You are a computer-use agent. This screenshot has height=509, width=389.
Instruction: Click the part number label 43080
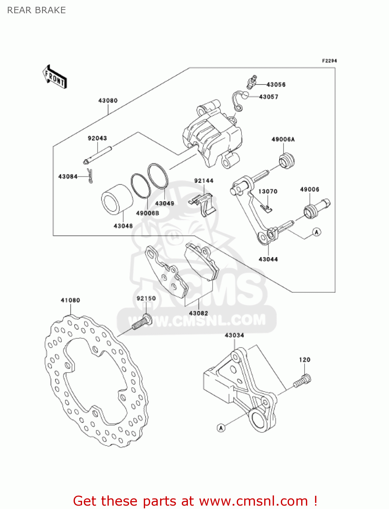coord(108,100)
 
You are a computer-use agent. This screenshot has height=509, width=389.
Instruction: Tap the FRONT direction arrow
coord(55,77)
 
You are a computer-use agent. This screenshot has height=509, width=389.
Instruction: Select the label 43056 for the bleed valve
coord(276,84)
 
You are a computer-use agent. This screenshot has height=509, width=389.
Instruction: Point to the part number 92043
coord(97,138)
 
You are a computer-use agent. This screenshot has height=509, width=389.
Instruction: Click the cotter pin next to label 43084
coord(90,176)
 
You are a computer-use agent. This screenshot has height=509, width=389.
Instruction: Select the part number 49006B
coord(148,213)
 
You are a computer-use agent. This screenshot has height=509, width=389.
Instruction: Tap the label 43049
coord(164,203)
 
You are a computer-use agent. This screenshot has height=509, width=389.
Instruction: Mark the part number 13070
coord(268,191)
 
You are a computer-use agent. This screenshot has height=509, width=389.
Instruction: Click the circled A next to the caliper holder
coord(316,232)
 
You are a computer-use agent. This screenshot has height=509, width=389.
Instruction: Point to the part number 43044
coord(268,259)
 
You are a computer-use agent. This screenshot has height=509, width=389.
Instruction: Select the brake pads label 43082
coord(198,313)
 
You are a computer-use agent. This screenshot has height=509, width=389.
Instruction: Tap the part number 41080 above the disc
coord(70,300)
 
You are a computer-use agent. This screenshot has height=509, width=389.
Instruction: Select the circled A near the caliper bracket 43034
coord(221,428)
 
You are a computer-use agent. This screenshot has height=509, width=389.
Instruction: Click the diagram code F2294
coord(329,61)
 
